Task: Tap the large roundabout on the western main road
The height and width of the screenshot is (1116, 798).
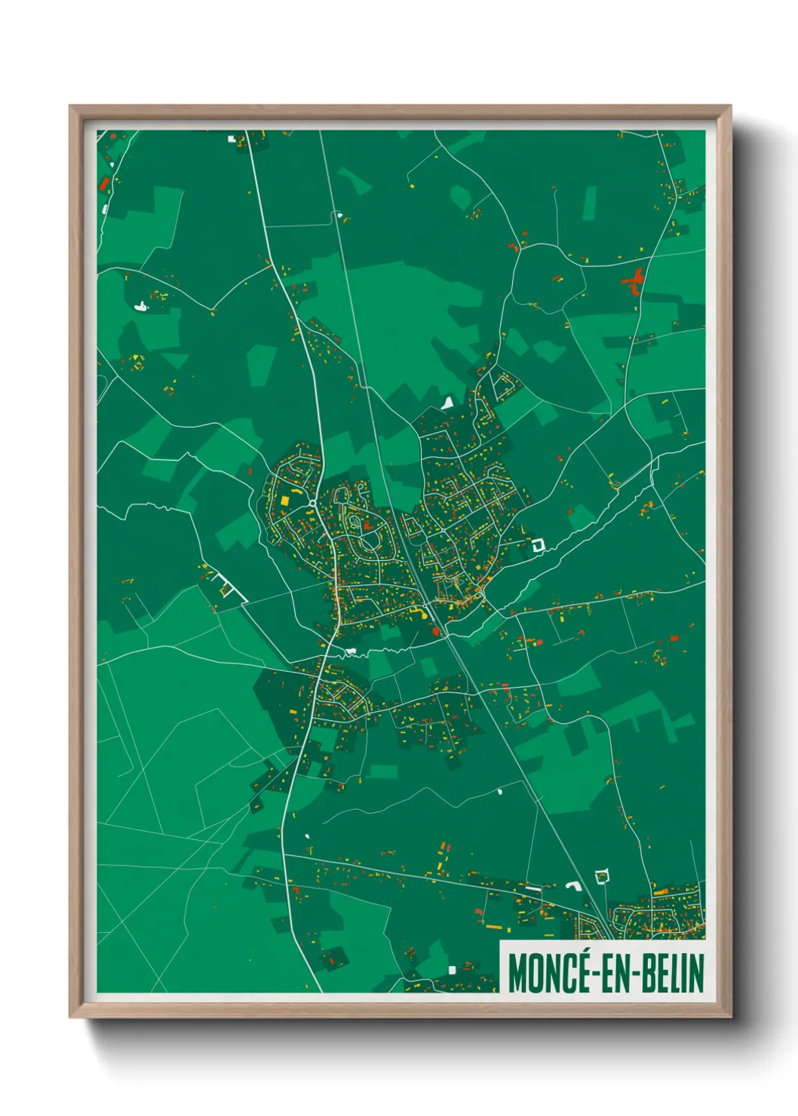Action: coord(312,503)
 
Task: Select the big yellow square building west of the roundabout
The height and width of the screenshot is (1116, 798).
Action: coord(285,499)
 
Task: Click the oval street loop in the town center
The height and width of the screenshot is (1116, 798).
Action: coord(370,541)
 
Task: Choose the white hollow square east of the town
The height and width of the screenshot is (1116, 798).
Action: coord(538,544)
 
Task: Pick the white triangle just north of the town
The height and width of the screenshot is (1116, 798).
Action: coord(448,403)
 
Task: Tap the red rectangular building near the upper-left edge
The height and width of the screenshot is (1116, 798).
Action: coord(105,183)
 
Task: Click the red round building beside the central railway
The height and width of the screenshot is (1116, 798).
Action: coord(435,632)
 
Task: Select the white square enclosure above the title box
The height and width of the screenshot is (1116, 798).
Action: coord(601,876)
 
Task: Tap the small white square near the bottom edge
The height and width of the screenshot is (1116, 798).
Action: coord(452,970)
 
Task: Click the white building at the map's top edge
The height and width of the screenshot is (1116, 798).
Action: coord(232,139)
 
